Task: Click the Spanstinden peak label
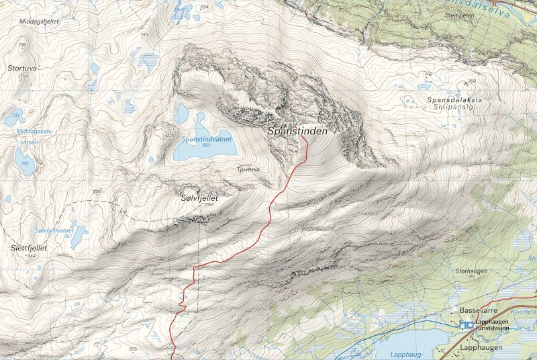click(297, 132)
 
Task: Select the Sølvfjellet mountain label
click(199, 198)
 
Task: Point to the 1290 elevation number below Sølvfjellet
click(207, 206)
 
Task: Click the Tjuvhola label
click(248, 170)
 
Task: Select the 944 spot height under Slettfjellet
click(30, 256)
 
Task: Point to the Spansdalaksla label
click(454, 100)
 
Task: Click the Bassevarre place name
click(476, 311)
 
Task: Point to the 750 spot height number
click(143, 34)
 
